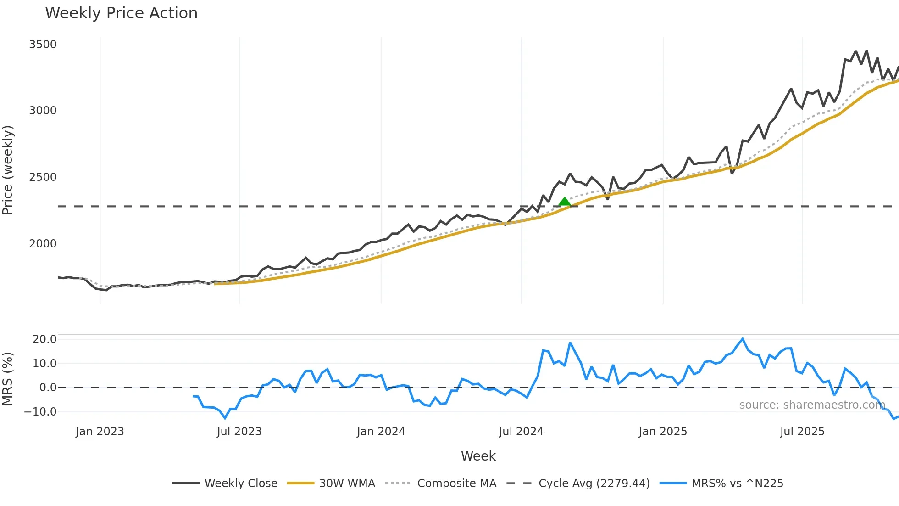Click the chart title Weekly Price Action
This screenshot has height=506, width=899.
click(121, 13)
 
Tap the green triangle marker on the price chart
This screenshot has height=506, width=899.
click(565, 202)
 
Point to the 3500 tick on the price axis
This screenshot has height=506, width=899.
click(43, 45)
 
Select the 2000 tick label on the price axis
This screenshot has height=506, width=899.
click(43, 244)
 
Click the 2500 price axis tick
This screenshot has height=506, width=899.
click(43, 177)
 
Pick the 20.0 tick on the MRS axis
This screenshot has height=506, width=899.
click(44, 339)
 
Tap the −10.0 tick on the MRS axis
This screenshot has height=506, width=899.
click(40, 412)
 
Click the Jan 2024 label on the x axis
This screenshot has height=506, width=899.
click(381, 432)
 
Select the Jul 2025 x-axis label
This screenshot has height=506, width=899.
click(802, 432)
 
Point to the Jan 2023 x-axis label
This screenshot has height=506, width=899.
click(100, 432)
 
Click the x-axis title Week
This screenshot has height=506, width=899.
click(478, 456)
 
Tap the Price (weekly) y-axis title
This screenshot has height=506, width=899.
click(8, 170)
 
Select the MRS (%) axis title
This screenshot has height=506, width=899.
click(8, 379)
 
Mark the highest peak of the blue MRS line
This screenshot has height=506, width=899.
click(743, 339)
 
